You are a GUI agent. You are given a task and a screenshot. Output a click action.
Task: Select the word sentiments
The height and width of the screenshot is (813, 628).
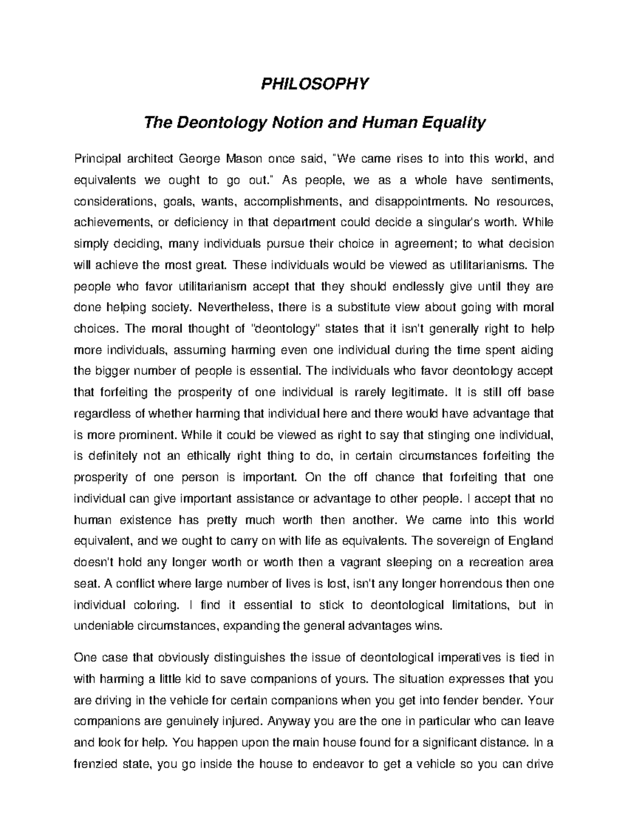tap(519, 180)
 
